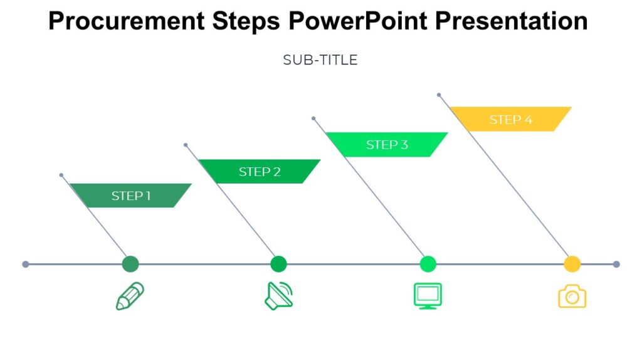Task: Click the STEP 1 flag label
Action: point(130,196)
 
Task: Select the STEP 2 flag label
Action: point(260,172)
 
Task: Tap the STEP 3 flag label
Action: point(387,145)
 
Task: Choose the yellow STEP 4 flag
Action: point(510,119)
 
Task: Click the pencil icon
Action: point(130,296)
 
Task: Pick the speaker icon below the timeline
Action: point(278,296)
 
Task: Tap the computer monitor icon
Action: point(428,296)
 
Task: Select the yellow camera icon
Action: point(572,296)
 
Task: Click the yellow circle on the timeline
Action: point(572,264)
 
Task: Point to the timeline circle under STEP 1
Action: point(130,264)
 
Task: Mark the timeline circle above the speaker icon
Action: point(278,264)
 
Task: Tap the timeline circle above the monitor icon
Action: point(428,264)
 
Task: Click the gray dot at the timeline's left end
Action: point(26,264)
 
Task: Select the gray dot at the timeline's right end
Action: point(616,264)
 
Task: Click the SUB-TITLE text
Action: point(320,60)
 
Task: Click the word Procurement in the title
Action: point(126,21)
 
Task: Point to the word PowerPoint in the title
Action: point(358,21)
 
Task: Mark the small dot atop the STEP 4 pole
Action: point(439,95)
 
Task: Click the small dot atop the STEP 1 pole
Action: point(61,175)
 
